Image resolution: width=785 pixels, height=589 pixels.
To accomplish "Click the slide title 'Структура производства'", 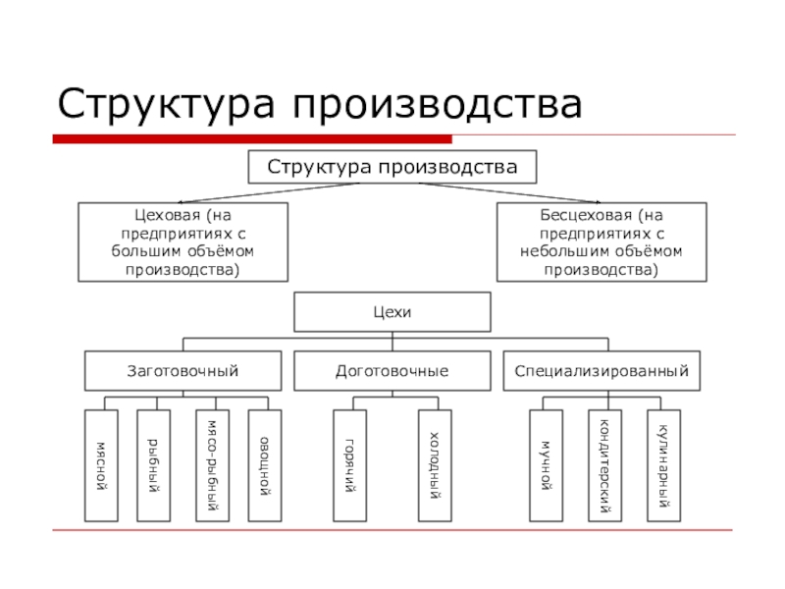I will (320, 102).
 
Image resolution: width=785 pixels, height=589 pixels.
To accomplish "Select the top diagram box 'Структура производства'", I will (392, 167).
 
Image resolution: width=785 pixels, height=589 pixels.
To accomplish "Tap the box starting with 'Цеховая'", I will (183, 241).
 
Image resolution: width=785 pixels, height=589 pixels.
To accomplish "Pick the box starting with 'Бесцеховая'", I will (601, 241).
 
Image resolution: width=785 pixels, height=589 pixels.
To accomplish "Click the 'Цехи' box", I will (392, 312).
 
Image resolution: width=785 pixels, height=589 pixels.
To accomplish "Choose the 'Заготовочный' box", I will (183, 371).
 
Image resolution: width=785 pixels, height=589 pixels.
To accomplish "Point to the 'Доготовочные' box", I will (392, 371).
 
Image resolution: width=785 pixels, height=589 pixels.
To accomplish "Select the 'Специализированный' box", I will (602, 371).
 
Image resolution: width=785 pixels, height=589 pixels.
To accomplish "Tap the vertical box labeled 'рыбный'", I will (153, 464).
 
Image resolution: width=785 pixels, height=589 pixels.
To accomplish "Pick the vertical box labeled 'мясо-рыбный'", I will (211, 464).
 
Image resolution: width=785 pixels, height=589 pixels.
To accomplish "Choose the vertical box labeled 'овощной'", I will (264, 464).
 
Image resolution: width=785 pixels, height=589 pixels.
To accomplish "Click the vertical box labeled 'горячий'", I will (349, 464).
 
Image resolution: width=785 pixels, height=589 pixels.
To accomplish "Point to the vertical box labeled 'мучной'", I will (546, 464).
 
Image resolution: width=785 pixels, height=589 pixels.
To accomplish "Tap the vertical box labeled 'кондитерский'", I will (604, 464).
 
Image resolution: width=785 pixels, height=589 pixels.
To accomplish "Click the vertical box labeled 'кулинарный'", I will (663, 464).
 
